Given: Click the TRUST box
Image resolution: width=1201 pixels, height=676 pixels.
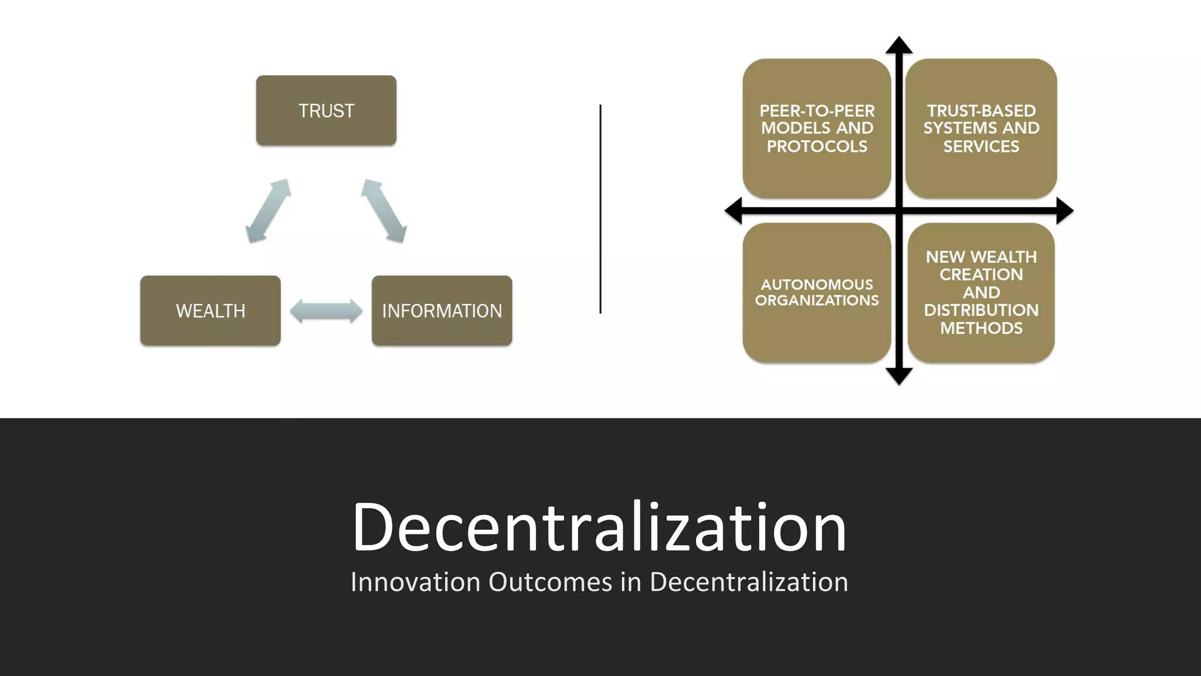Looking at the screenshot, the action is tap(326, 110).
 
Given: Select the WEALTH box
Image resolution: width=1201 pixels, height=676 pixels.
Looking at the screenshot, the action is tap(211, 310).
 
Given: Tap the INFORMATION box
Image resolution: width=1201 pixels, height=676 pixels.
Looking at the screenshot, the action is tap(442, 310).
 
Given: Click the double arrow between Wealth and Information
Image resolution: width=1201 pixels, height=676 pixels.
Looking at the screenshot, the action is tap(326, 311).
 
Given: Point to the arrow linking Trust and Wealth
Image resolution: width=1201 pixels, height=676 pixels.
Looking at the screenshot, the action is tap(268, 211).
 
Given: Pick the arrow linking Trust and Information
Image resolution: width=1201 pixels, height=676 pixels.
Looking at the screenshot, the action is tap(384, 211).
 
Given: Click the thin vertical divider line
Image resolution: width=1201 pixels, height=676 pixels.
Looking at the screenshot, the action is tap(600, 209).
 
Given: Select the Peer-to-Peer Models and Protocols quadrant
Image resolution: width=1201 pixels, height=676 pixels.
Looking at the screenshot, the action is tap(816, 128).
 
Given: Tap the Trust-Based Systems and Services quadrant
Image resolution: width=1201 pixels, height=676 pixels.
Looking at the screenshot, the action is tap(981, 128).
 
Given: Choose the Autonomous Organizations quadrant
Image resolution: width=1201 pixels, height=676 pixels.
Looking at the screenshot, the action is tap(816, 292).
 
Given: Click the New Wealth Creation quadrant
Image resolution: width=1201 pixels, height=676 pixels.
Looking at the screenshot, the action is tap(981, 292).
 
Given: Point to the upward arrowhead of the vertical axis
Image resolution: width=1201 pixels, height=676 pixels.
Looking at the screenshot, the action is tap(899, 45).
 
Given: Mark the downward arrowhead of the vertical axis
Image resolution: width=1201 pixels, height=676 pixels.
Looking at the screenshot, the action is tap(899, 376).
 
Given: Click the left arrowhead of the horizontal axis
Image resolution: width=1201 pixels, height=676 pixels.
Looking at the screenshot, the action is tap(734, 211).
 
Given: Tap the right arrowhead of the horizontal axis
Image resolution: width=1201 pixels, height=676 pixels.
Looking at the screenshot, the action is tap(1065, 211).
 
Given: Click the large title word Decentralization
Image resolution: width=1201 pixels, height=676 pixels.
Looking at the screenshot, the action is tap(599, 526).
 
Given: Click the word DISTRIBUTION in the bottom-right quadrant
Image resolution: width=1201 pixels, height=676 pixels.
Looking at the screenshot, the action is tap(981, 310).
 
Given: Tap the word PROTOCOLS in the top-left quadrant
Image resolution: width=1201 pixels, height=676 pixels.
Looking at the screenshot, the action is tap(816, 146).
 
